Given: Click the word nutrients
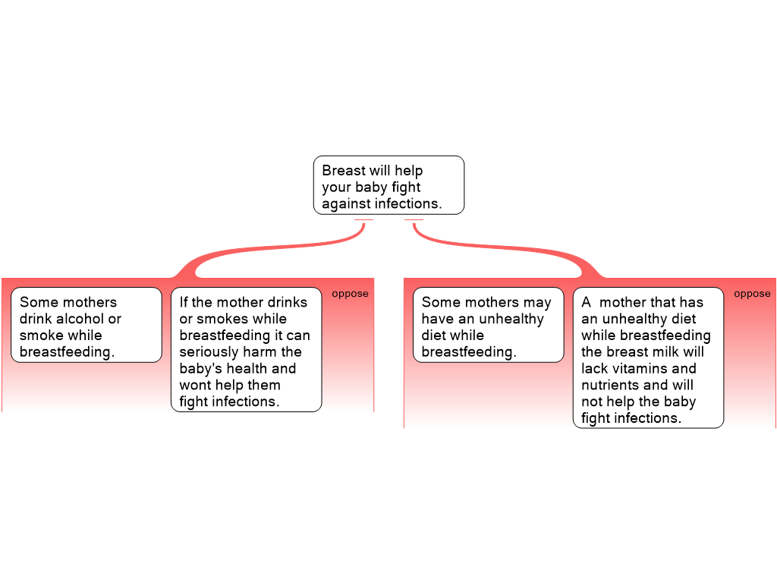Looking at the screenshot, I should click(609, 386).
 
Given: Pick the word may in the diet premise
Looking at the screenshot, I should click(537, 302).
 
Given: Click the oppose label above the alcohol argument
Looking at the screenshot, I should click(350, 294).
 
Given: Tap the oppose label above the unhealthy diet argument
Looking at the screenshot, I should click(752, 294).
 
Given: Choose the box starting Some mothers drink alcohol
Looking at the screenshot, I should click(87, 325).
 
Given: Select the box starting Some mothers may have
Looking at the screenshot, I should click(488, 325).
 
